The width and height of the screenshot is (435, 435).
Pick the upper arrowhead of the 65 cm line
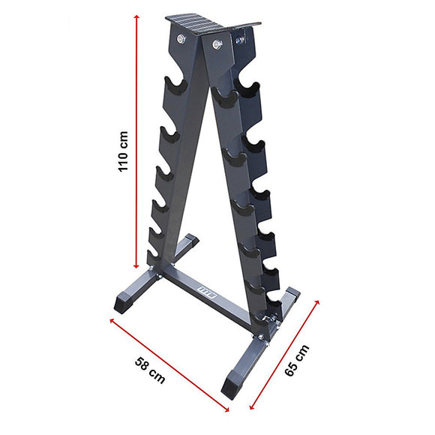tap(318, 302)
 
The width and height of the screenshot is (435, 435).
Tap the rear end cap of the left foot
tap(190, 241)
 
